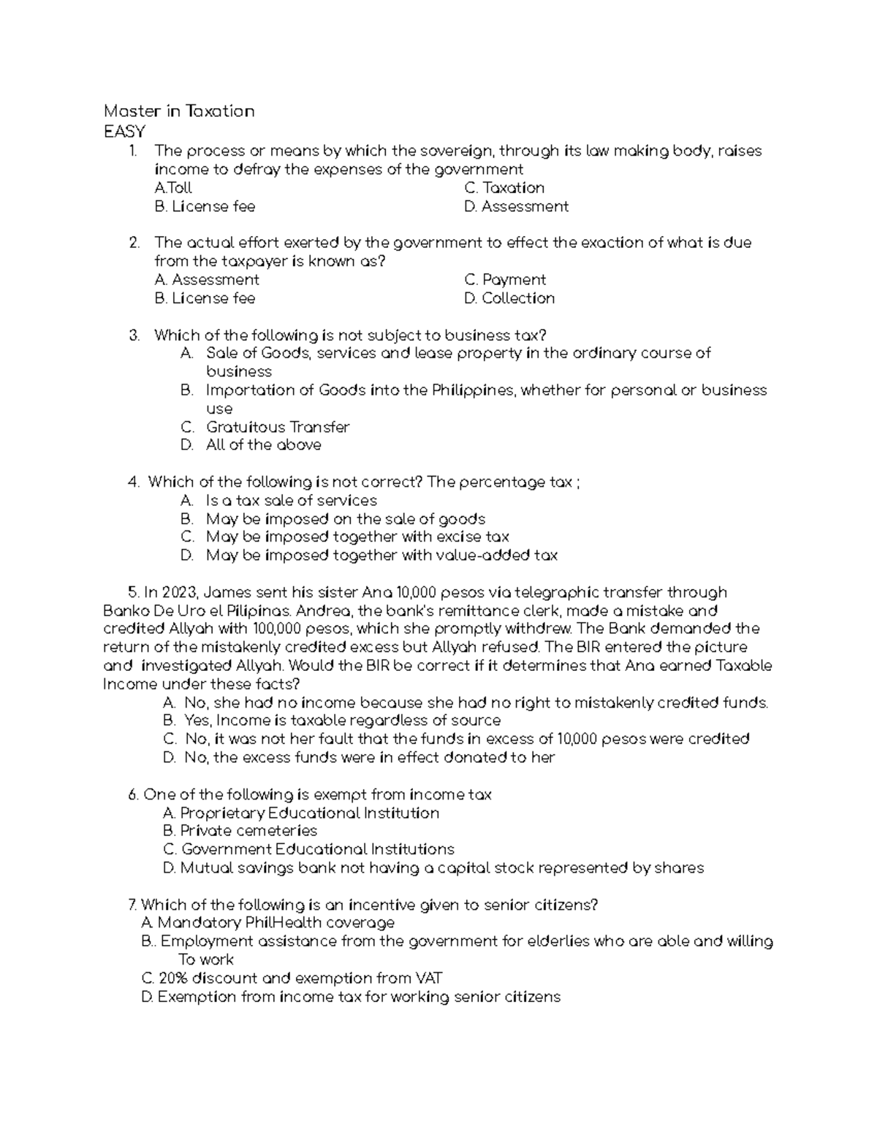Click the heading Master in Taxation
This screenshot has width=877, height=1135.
179,111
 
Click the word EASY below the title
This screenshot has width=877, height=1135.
124,132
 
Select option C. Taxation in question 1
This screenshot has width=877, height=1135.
504,188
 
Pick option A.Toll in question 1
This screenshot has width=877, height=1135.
173,188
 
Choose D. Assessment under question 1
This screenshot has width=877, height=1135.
516,207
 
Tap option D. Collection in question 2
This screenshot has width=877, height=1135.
509,298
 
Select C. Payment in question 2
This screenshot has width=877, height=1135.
505,280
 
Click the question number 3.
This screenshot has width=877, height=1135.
133,335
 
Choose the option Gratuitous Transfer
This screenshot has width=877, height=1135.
278,427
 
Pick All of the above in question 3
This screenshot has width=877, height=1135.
263,445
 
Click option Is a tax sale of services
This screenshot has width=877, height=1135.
291,501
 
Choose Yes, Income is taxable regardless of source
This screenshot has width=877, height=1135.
342,721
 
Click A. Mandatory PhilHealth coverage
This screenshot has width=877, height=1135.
268,923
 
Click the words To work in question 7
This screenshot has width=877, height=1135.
205,960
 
